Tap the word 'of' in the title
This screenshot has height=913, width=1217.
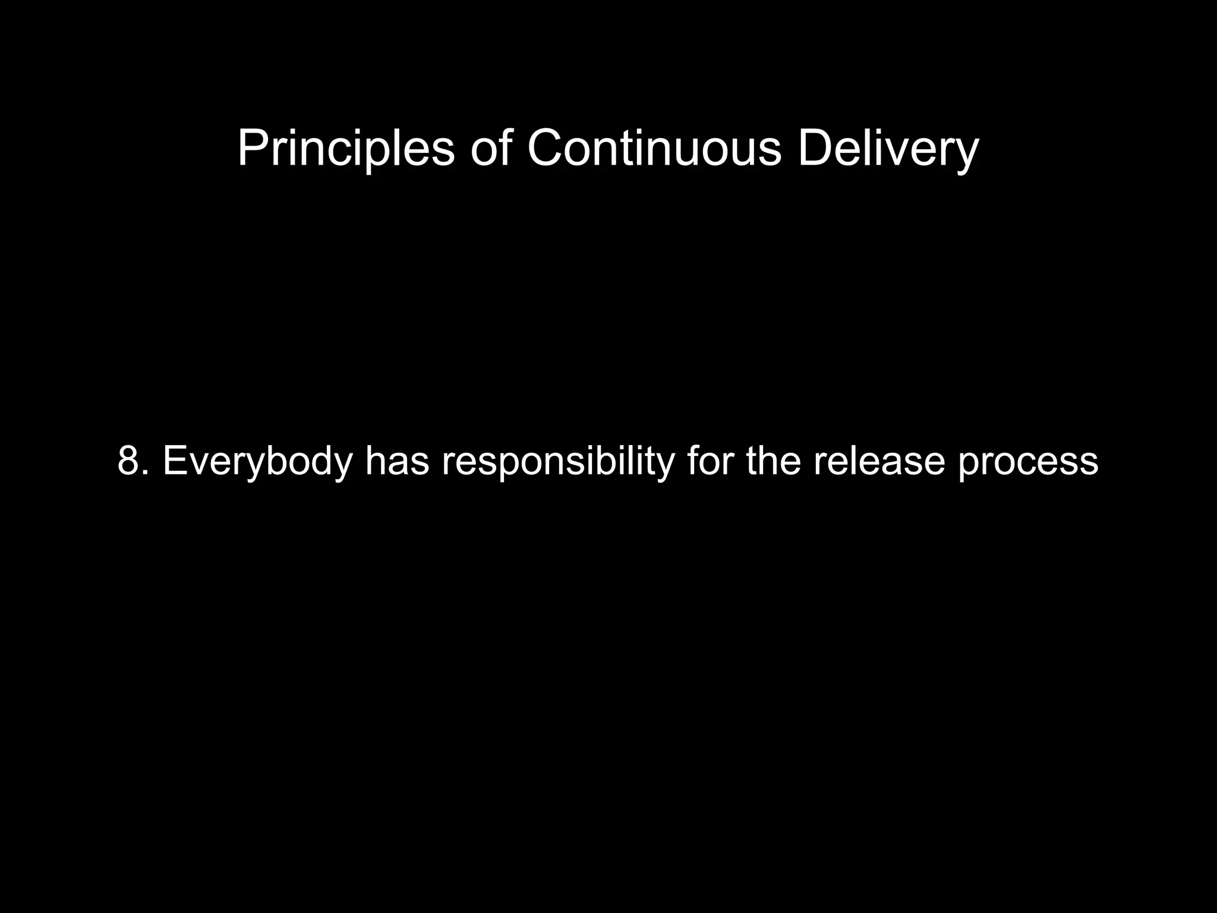(x=491, y=149)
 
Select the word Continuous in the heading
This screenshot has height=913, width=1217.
(x=654, y=149)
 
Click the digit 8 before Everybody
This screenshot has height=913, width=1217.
(x=128, y=461)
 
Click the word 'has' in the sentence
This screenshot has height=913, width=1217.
(x=396, y=461)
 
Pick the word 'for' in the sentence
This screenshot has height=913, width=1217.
(x=710, y=461)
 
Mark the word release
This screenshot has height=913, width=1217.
(x=879, y=461)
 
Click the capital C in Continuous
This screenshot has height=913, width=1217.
(x=546, y=149)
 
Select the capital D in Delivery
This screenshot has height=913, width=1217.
(x=815, y=149)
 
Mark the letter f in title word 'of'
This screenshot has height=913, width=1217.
(x=505, y=149)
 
